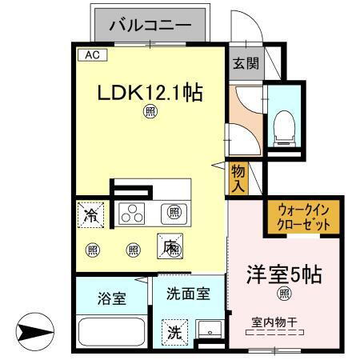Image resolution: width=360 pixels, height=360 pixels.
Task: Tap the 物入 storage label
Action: [238, 177]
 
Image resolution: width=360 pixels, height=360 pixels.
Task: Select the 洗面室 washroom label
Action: [189, 294]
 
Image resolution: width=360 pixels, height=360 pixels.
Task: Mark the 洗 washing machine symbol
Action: [174, 332]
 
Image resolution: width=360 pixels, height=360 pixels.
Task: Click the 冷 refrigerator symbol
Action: [93, 214]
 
